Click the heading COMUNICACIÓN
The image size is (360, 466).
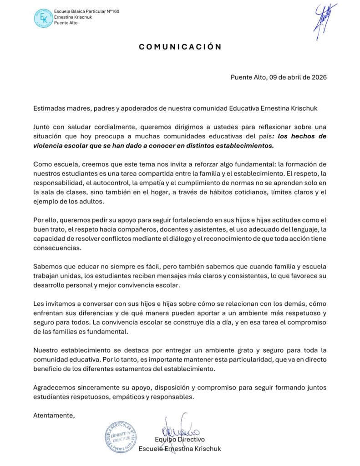pyautogui.click(x=180, y=46)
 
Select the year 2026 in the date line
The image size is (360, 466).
pyautogui.click(x=318, y=77)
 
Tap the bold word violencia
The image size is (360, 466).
pyautogui.click(x=51, y=146)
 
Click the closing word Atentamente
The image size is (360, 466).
pyautogui.click(x=54, y=415)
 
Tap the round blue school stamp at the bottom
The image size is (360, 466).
pyautogui.click(x=121, y=436)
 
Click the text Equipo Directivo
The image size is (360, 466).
pyautogui.click(x=180, y=440)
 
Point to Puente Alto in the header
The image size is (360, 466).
pyautogui.click(x=66, y=23)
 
